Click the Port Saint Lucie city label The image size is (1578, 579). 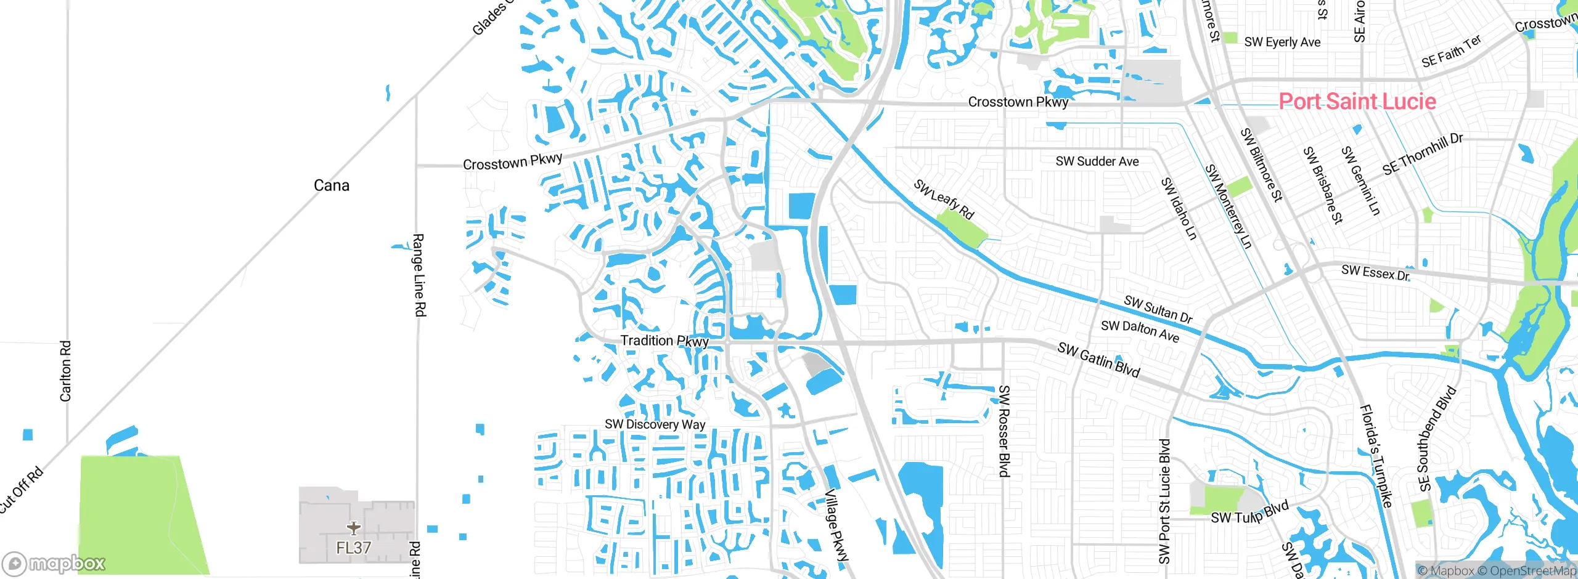1357,102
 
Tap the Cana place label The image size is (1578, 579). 331,185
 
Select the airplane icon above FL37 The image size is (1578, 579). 354,528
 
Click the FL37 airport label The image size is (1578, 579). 354,548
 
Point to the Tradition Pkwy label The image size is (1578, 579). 664,341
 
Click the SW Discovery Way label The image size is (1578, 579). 655,424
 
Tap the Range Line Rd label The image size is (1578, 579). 419,275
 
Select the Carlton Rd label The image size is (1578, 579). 65,371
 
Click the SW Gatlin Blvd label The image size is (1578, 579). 1098,360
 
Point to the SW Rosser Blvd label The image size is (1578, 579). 1004,431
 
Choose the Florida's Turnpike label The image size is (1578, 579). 1376,456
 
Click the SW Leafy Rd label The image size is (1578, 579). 943,198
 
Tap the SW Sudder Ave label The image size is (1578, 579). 1097,161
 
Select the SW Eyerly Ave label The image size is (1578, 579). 1282,42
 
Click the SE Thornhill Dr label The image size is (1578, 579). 1422,154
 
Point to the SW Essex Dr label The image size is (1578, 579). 1375,272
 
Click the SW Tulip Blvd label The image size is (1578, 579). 1249,513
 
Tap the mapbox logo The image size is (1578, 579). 54,564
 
